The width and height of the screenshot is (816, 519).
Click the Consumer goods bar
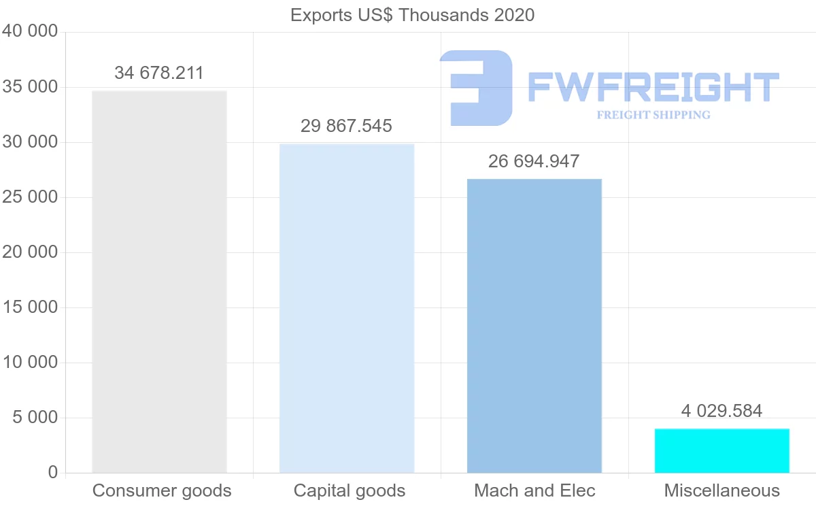click(x=159, y=282)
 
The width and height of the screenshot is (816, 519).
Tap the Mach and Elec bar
click(x=534, y=326)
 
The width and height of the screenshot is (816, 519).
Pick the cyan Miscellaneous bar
click(x=722, y=450)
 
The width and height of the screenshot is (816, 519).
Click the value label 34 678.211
click(x=159, y=73)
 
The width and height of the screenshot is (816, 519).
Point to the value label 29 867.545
click(x=347, y=126)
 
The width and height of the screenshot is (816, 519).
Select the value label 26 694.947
click(x=534, y=161)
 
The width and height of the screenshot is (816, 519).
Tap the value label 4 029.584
click(x=721, y=411)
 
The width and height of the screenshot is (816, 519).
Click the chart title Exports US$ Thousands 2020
click(x=413, y=15)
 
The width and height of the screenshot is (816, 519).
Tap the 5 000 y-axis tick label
click(x=35, y=418)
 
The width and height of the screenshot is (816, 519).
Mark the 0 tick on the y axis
click(x=53, y=473)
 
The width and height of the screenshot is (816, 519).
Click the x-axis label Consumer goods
click(x=162, y=490)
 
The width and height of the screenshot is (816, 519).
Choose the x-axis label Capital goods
click(x=350, y=490)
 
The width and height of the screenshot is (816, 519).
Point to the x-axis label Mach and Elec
click(x=534, y=490)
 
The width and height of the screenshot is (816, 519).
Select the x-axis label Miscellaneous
click(x=722, y=490)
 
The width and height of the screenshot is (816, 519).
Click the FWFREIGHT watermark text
click(x=653, y=87)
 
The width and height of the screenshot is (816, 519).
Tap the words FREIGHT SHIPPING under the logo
click(x=653, y=115)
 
